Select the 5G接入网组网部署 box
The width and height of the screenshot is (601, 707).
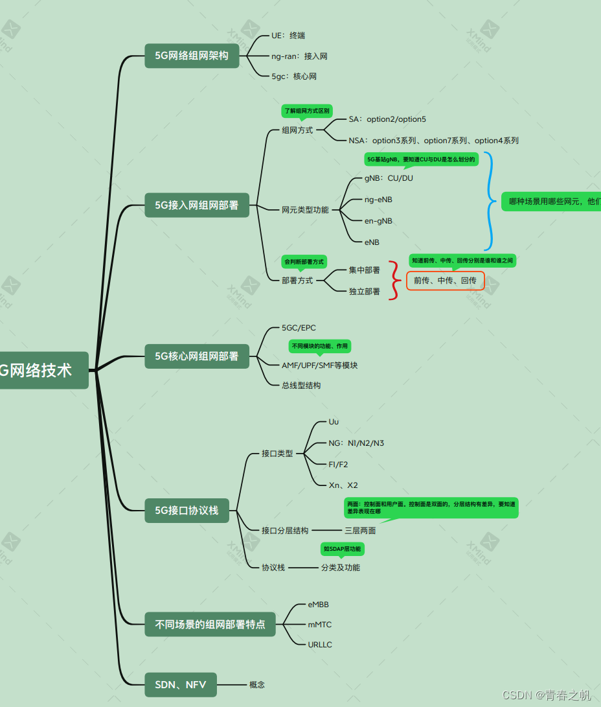coord(196,205)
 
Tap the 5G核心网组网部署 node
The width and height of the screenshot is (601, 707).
coord(196,356)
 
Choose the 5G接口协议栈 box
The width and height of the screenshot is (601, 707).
coord(187,510)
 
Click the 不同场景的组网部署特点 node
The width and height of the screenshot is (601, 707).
coord(210,625)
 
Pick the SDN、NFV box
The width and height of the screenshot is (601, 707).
coord(180,684)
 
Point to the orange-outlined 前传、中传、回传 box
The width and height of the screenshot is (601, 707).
coord(445,281)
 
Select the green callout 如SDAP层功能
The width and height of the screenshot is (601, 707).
coord(342,549)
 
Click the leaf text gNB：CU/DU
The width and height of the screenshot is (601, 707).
coord(389,178)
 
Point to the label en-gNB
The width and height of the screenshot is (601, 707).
coord(378,221)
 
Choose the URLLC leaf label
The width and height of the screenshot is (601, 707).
coord(320,645)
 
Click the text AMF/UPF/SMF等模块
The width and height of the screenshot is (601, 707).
coord(319,365)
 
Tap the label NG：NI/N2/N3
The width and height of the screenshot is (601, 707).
coord(356,443)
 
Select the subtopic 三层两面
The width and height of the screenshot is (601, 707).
coord(360,530)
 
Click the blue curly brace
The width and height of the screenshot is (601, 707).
coord(490,201)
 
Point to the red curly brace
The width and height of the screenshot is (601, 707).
coord(394,281)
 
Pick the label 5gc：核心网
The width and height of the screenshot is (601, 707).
coord(294,76)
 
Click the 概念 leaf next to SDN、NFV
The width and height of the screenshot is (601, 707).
coord(257,684)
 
